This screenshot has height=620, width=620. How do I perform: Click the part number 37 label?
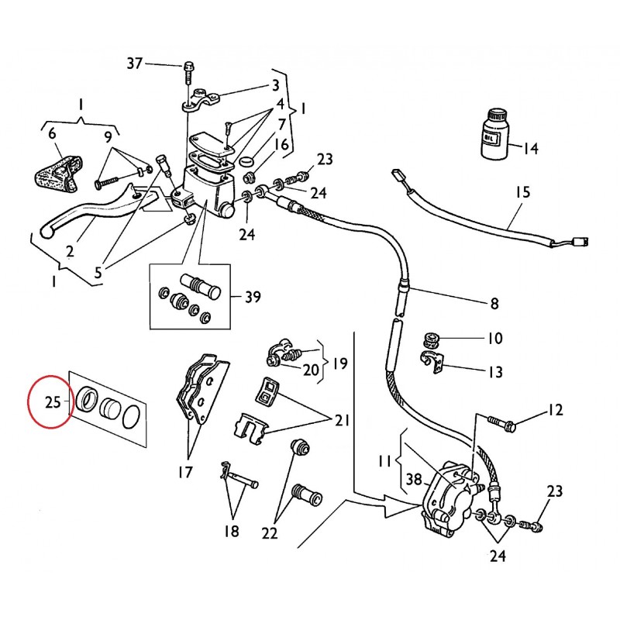pyautogui.click(x=135, y=64)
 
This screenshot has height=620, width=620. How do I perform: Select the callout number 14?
pyautogui.click(x=530, y=148)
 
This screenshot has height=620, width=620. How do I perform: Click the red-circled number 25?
pyautogui.click(x=53, y=401)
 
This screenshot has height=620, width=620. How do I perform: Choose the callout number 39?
pyautogui.click(x=252, y=296)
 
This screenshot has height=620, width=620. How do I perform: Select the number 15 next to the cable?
pyautogui.click(x=522, y=191)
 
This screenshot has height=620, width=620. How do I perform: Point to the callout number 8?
pyautogui.click(x=493, y=304)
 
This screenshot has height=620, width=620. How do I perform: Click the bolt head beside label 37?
pyautogui.click(x=188, y=67)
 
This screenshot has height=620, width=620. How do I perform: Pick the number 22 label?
pyautogui.click(x=269, y=532)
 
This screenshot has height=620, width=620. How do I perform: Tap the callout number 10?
pyautogui.click(x=494, y=339)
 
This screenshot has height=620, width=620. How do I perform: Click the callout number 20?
pyautogui.click(x=311, y=370)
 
